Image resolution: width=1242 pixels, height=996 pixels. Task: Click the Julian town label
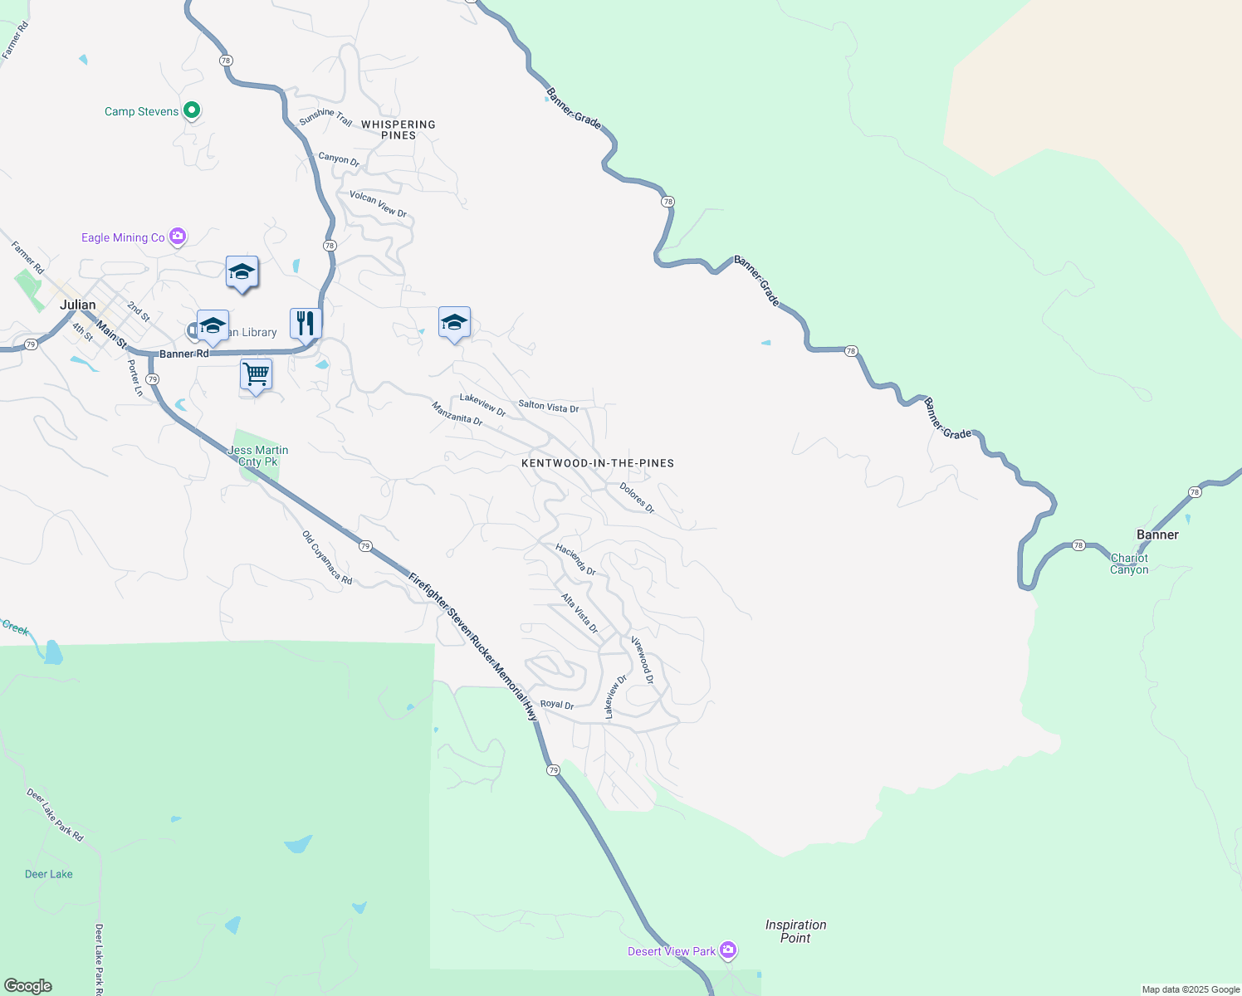pos(78,305)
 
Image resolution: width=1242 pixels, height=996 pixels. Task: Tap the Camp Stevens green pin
pos(192,110)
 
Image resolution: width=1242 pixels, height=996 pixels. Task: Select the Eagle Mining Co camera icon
pos(177,237)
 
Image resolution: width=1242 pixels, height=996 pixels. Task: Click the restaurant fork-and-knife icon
pos(306,322)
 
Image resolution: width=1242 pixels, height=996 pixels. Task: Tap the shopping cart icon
pos(256,374)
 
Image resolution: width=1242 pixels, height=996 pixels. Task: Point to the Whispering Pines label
pos(399,129)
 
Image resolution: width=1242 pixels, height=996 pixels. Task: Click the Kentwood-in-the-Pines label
pos(598,463)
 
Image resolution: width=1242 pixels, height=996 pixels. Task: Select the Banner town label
pos(1157,535)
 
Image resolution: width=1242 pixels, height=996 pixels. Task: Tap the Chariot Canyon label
pos(1129,564)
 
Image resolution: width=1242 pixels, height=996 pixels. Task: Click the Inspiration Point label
pos(795,931)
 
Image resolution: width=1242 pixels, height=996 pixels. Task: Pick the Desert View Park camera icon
pos(728,950)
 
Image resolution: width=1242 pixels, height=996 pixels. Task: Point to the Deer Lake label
pos(49,874)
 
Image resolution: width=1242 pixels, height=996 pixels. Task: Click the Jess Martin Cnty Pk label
pos(258,456)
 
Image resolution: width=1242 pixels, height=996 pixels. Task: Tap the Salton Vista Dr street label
pos(549,407)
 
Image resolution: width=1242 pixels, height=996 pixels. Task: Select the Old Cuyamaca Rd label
pos(327,558)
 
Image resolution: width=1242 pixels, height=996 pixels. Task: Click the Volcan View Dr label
pos(378,204)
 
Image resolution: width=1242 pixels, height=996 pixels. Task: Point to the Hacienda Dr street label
pos(576,559)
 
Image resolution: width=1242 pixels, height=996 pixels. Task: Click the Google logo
pos(28,986)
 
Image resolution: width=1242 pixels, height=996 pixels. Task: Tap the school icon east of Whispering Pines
pos(454,322)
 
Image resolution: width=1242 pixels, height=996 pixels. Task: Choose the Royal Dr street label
pos(557,705)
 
